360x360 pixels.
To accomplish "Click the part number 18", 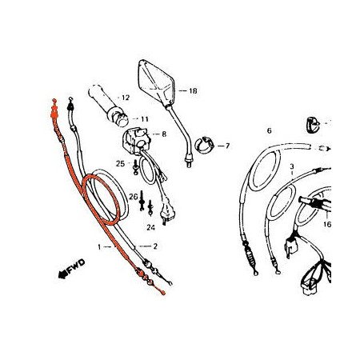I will point(193,91).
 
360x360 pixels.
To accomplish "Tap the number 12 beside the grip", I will point(124,98).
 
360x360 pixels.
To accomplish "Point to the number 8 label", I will point(163,134).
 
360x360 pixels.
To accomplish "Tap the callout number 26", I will point(134,196).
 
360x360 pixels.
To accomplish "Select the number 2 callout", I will point(155,246).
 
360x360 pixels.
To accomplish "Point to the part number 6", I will point(269,130).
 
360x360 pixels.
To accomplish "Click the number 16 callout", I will point(326,225).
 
